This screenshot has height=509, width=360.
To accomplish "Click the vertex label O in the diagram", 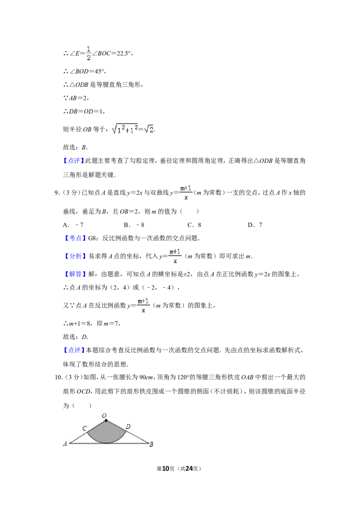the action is [x=104, y=415].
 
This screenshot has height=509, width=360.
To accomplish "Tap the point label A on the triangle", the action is [x=65, y=443].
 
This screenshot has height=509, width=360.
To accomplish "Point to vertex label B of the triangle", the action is [x=151, y=444].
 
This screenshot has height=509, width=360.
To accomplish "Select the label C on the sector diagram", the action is [x=85, y=428].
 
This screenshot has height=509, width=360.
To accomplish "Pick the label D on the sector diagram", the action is [x=128, y=427].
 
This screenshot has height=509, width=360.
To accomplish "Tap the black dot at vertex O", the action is [x=106, y=421].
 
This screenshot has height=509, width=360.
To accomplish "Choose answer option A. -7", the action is [x=73, y=225].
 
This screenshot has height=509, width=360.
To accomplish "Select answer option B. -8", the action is [x=134, y=225].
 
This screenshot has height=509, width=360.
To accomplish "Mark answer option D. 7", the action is [x=255, y=225].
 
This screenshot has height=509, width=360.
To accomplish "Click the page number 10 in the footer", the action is [x=166, y=469].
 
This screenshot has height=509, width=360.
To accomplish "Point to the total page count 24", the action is [x=189, y=469].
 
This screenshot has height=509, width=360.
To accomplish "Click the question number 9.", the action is [x=57, y=193].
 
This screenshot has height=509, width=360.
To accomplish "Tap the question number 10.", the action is [x=58, y=377].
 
